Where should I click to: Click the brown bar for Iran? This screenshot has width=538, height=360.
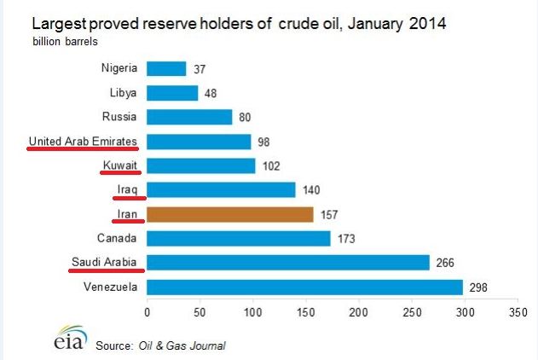(230, 214)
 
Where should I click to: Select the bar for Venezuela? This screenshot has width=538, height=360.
(305, 287)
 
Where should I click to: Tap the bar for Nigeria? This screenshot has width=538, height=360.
(166, 68)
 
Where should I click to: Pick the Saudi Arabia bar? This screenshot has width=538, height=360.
(288, 263)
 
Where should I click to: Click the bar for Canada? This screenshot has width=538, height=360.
(239, 239)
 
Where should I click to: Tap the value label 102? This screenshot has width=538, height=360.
(272, 165)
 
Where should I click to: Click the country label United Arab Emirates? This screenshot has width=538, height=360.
(84, 141)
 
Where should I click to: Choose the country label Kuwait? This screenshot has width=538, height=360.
(120, 165)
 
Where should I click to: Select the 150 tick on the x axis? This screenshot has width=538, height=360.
(305, 312)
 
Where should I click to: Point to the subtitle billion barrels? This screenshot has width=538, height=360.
(65, 41)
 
